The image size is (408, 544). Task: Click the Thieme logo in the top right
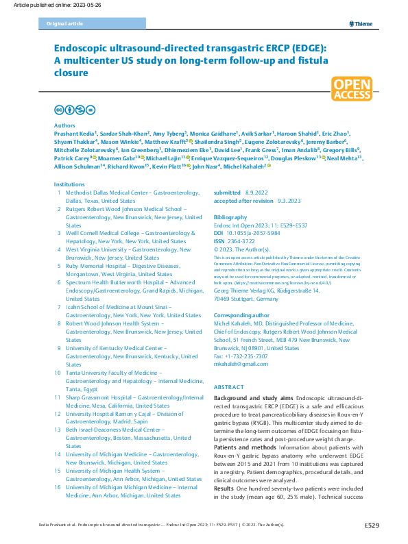361,23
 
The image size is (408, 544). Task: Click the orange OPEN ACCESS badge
352,89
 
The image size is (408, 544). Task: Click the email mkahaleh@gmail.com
239,364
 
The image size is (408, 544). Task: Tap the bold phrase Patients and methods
243,447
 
